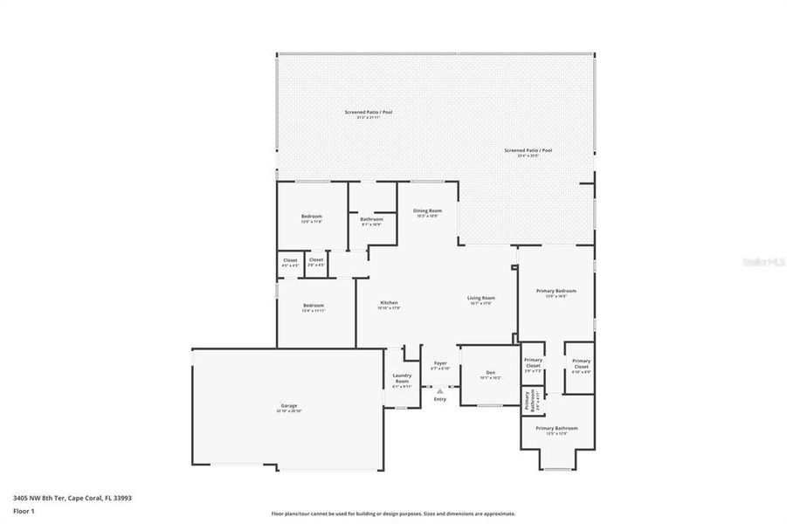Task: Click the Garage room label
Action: coord(289,405)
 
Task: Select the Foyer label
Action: coord(440,363)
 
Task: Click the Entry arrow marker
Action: coord(440,391)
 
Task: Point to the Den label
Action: coord(491,374)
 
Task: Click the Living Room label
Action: coord(481,299)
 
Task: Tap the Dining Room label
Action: coord(427,210)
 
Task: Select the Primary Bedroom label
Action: coord(556,292)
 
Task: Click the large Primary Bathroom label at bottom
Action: coord(556,428)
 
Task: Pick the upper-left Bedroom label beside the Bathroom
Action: coord(312,217)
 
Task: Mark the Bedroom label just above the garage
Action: coord(314,306)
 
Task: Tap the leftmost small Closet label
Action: coord(290,259)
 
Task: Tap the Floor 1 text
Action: coord(24,513)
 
